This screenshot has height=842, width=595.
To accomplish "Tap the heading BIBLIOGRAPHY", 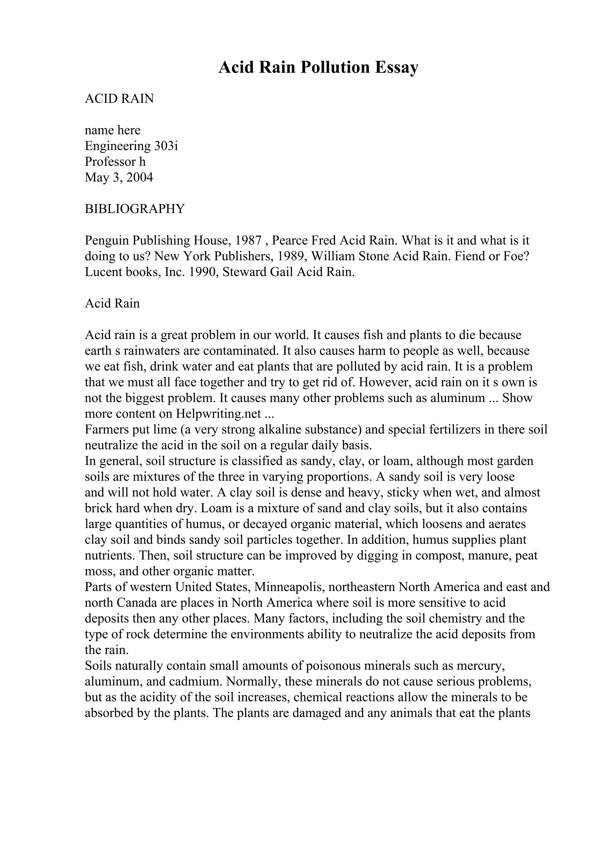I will (x=135, y=209).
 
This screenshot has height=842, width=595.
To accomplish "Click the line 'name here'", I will (x=112, y=130).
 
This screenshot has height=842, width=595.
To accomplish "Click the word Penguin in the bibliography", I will (x=107, y=241).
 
